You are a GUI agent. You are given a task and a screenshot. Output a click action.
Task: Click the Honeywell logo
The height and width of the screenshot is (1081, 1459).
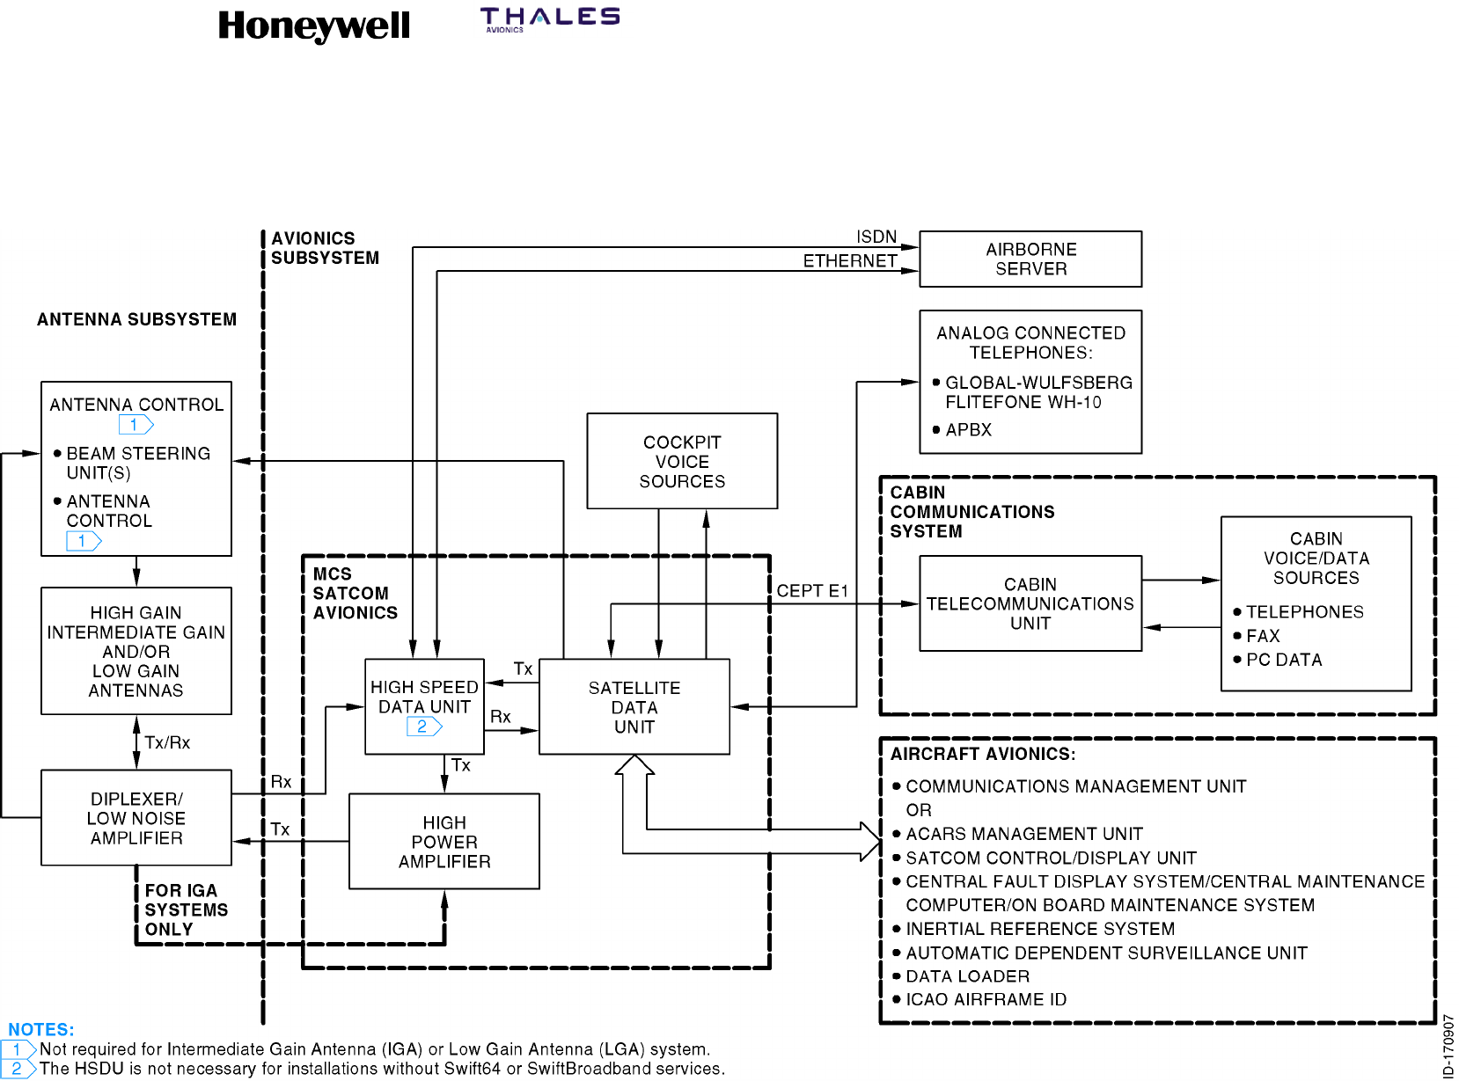coord(313,26)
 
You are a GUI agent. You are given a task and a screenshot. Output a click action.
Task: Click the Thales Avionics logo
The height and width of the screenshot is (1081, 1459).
coord(549,18)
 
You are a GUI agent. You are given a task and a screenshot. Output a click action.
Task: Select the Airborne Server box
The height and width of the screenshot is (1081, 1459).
coord(1030,259)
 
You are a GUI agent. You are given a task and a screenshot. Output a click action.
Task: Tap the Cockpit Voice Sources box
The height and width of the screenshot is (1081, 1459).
coord(682,461)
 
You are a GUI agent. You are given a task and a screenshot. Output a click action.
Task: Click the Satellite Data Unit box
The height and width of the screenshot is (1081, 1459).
coord(634,706)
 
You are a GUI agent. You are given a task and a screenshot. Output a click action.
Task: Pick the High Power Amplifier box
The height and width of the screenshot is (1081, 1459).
coord(444,842)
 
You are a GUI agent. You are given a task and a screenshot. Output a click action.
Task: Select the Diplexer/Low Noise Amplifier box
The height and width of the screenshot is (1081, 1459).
coord(136,818)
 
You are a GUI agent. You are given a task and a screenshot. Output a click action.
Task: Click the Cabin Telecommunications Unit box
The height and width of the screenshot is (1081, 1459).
coord(1030,603)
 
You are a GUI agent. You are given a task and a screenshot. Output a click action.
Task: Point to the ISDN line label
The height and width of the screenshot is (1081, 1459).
coord(876,237)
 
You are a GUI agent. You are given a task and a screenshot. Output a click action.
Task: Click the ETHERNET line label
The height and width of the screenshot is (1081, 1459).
coord(849,261)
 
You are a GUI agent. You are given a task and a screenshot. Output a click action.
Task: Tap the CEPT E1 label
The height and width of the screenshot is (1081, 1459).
coord(811,591)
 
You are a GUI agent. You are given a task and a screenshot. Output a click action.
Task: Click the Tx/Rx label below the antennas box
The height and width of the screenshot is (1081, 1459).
coord(167,742)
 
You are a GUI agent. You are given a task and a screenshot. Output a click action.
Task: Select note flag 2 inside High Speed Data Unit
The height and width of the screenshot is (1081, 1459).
coord(423,727)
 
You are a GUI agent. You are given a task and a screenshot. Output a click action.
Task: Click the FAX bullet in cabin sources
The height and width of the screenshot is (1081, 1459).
coord(1263,636)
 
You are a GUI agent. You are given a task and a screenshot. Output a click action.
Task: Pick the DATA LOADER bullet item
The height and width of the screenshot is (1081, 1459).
coord(967,976)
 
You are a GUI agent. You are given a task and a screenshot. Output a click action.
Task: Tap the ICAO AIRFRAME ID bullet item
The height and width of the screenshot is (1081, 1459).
coord(986,1000)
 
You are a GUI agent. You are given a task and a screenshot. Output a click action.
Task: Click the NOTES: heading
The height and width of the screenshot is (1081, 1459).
coord(41,1029)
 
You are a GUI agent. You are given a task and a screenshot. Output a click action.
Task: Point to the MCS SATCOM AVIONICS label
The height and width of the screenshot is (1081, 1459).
coord(355,593)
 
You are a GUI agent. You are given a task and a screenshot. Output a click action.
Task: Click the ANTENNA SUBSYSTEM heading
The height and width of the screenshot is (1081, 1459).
coord(136,319)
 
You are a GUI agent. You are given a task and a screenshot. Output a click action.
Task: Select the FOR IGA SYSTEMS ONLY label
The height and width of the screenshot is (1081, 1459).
coord(186,909)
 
